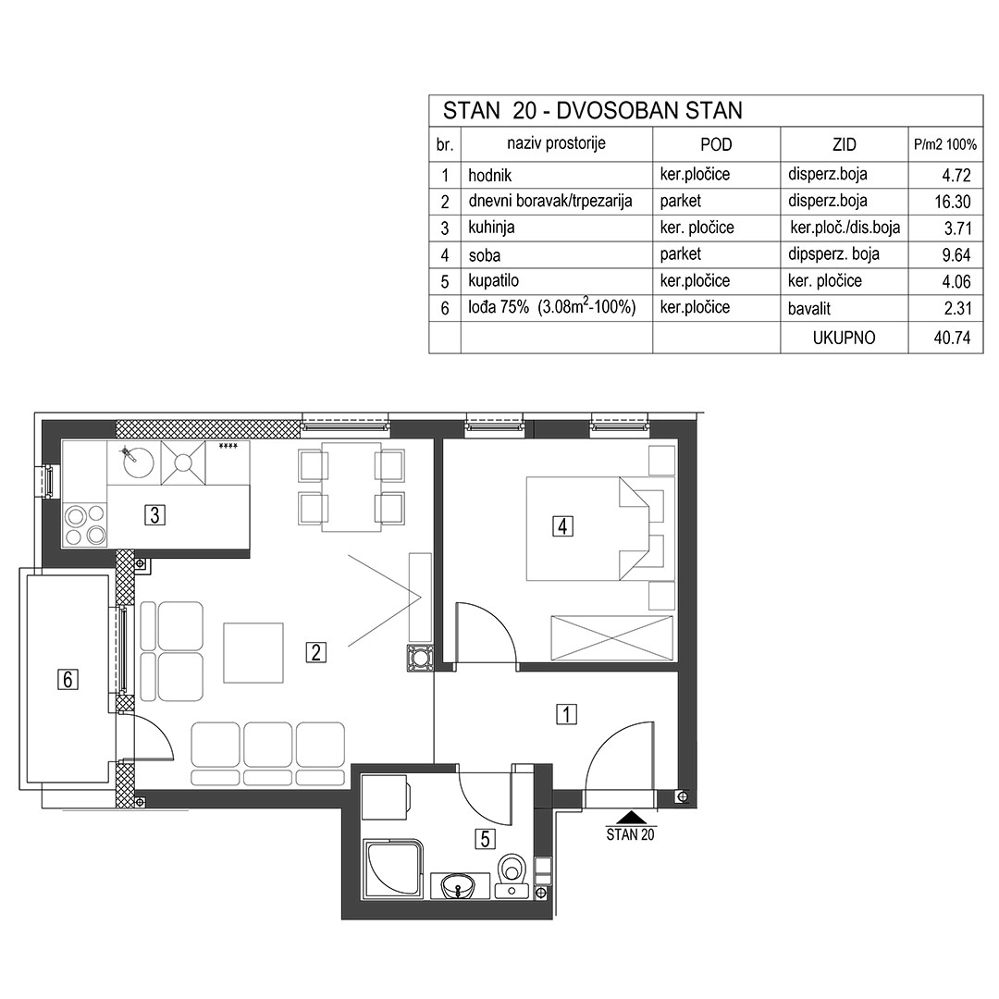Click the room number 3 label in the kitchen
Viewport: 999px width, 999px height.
(154, 514)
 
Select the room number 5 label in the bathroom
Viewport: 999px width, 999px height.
(485, 839)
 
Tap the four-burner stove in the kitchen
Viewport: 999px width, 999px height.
(85, 525)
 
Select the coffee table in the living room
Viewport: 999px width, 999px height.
(253, 653)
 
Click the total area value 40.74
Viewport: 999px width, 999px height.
(952, 338)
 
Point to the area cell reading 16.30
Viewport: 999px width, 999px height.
(952, 202)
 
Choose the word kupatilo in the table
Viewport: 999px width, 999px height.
(493, 281)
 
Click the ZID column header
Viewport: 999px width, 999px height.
(844, 144)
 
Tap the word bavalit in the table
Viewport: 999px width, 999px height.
(809, 309)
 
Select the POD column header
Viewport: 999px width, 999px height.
(716, 144)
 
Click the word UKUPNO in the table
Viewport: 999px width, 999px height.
(844, 338)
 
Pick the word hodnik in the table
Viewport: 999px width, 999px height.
(489, 175)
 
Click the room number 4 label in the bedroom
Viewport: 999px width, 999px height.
(562, 526)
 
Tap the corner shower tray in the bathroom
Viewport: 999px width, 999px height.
(392, 869)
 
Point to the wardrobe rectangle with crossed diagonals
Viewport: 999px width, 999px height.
(611, 637)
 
